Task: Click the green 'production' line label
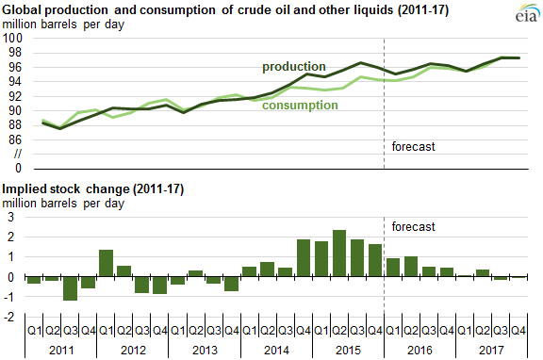[294, 67]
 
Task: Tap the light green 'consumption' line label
[300, 105]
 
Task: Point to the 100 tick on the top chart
[12, 38]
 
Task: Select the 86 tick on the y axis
[12, 139]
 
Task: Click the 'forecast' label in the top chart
[413, 146]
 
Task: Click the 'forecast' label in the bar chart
[413, 227]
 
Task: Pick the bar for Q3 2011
[70, 288]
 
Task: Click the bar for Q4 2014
[304, 258]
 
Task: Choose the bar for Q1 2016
[394, 268]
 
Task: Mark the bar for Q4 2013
[232, 284]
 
